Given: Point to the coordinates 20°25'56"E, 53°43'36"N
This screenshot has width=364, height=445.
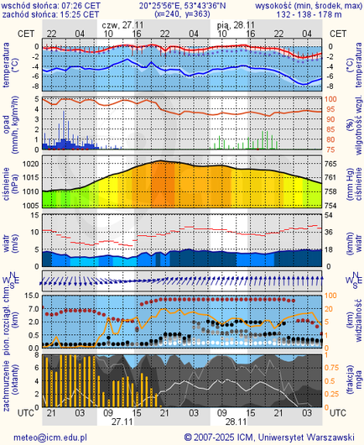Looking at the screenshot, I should pyautogui.click(x=181, y=5).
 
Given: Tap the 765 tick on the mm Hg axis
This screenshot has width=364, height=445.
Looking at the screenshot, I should pyautogui.click(x=331, y=164).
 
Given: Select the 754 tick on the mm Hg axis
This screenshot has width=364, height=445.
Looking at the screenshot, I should pyautogui.click(x=331, y=205).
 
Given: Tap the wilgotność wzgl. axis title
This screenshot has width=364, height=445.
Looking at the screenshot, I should pyautogui.click(x=354, y=124).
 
